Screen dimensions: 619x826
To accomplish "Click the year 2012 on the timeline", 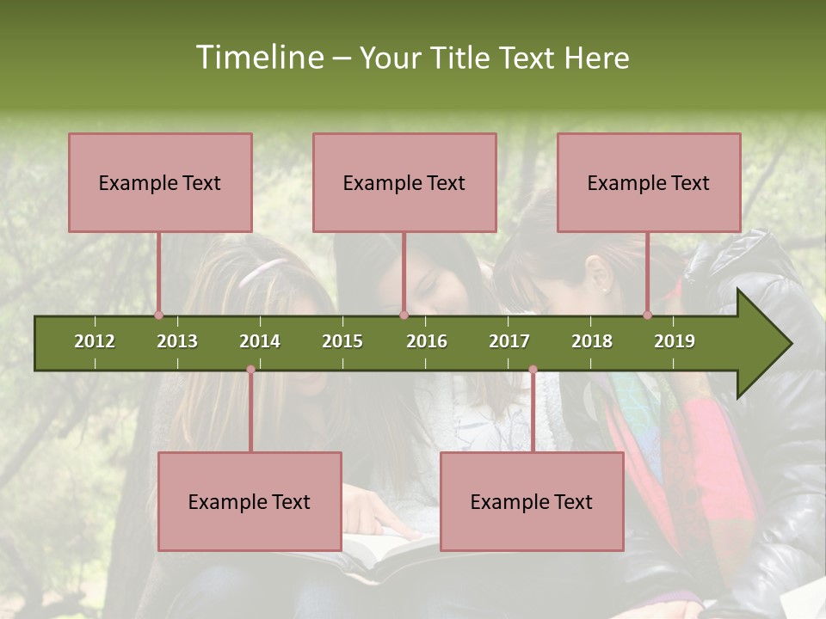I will (95, 341).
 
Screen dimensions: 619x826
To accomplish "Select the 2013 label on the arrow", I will (177, 341).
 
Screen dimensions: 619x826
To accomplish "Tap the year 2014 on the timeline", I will (260, 341).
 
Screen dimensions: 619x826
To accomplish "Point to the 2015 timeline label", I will (342, 341).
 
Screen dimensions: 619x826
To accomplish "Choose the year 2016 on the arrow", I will (427, 341).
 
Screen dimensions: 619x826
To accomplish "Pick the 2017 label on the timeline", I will (509, 341).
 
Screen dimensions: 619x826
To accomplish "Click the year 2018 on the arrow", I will (592, 341).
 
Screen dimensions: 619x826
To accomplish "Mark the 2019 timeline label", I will (675, 341).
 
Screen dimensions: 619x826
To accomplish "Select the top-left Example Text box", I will (160, 182).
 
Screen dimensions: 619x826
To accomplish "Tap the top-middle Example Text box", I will (404, 182).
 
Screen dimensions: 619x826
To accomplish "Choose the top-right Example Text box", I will (649, 182).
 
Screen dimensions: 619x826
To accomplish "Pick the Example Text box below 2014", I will (250, 501).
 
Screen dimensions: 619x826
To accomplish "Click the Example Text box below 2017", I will (532, 501).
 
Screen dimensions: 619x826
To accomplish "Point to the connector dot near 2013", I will (158, 316).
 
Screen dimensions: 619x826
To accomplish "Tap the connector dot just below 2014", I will (250, 370).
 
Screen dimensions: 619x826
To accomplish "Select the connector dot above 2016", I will (404, 316).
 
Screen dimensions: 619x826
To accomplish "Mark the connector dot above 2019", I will (647, 316).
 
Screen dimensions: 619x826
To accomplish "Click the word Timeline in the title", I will (258, 58).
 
